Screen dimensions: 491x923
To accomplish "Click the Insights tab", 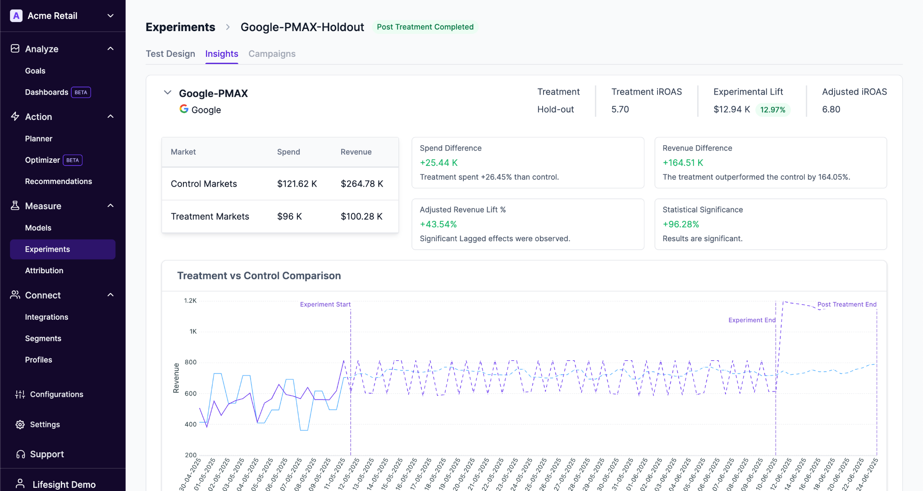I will (x=221, y=54).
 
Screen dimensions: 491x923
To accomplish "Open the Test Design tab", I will (x=170, y=54).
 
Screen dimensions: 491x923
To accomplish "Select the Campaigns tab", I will (x=272, y=54).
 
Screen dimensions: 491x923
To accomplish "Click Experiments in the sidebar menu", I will (x=47, y=249).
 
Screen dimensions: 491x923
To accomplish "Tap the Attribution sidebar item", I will (x=44, y=271).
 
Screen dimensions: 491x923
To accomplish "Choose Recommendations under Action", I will (x=58, y=181).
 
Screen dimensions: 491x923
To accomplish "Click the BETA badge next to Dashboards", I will (x=81, y=92).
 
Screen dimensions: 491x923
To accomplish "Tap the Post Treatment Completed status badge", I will (x=425, y=27).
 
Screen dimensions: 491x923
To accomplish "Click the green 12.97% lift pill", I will (x=772, y=110).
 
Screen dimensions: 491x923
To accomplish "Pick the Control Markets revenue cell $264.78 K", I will (x=362, y=184).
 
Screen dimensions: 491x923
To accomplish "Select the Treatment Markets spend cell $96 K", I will (x=289, y=216).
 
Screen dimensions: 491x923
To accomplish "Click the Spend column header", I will (x=288, y=152).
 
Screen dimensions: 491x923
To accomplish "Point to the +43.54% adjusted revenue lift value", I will (x=438, y=224).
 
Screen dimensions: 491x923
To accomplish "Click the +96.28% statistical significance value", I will (x=681, y=224).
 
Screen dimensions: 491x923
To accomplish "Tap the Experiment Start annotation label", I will (x=325, y=304).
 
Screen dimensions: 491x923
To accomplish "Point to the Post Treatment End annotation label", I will (x=847, y=304).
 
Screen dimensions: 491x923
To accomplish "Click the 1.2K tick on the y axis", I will (x=190, y=301).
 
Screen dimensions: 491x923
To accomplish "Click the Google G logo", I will (x=184, y=109).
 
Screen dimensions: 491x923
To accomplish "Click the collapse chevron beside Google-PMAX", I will (x=168, y=92).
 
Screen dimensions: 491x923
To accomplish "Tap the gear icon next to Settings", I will (x=20, y=425).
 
